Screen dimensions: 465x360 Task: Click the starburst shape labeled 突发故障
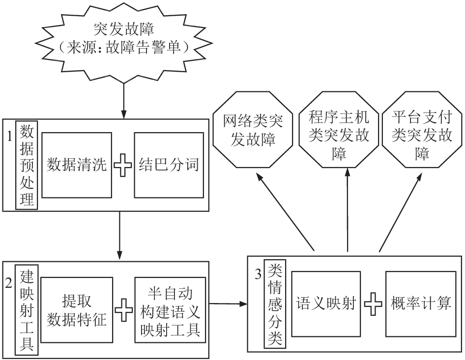124,41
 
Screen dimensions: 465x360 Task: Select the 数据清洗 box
77,165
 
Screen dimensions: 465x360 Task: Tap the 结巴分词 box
169,165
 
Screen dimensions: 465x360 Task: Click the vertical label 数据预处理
27,165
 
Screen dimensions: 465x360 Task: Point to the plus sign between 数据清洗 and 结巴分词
123,165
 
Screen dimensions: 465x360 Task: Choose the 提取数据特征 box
77,310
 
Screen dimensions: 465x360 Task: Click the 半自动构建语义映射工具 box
170,310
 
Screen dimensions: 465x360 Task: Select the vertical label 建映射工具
27,310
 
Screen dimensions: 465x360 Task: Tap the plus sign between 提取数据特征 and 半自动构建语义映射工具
124,310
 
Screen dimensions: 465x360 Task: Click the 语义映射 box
326,304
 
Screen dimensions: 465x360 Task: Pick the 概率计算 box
421,304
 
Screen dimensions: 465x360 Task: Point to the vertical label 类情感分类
275,304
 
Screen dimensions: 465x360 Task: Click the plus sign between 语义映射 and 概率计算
373,304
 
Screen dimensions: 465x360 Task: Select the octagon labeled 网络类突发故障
253,130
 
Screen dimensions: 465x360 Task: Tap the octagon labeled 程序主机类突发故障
338,130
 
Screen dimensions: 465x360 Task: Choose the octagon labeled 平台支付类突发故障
422,130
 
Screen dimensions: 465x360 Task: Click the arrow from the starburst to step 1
124,101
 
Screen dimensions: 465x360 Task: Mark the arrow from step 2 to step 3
228,304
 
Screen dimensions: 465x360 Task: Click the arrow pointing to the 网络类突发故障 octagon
285,212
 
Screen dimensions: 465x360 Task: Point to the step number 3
258,275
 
